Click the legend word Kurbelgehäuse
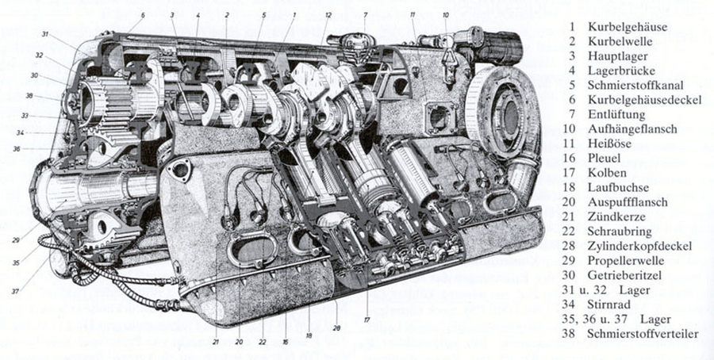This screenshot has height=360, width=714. click(628, 27)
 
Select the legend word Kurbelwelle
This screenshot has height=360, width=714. click(620, 41)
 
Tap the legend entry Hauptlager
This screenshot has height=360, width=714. click(617, 56)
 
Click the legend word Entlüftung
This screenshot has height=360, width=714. click(616, 114)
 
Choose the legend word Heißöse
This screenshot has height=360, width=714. click(610, 144)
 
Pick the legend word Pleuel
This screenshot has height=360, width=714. click(605, 158)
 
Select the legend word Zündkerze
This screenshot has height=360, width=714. click(616, 216)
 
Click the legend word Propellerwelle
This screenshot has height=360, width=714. click(626, 260)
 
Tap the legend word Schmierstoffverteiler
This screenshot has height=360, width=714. click(643, 334)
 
